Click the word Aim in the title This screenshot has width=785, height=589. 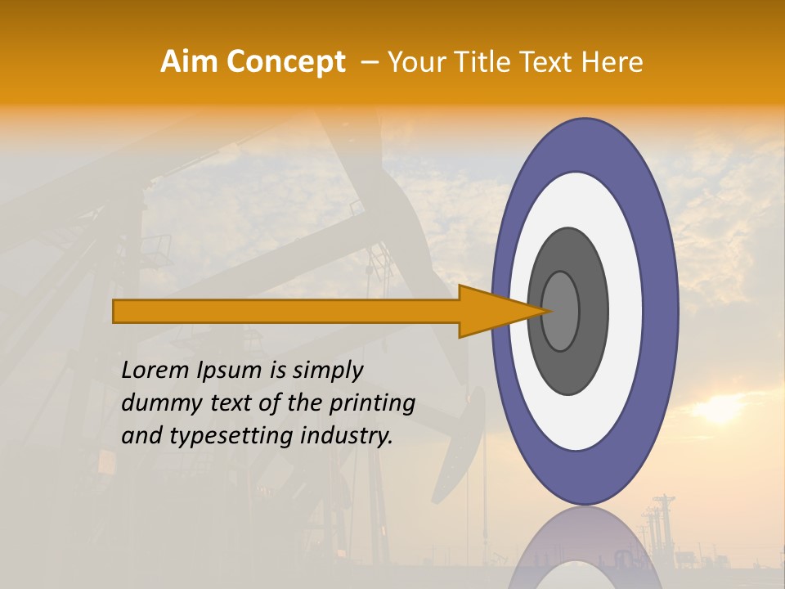[191, 62]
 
